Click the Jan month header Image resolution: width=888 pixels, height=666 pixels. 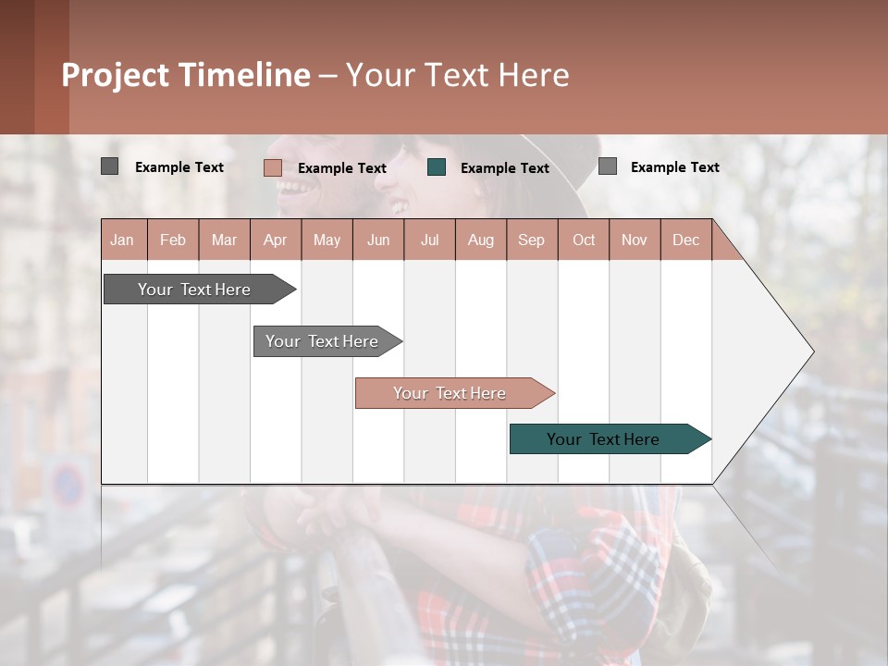[x=123, y=240]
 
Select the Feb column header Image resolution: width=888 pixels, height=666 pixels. [x=173, y=240]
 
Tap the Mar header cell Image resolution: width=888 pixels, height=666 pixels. [x=224, y=240]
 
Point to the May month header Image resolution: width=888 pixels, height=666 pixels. [x=327, y=240]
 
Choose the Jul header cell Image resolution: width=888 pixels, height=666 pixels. [x=429, y=240]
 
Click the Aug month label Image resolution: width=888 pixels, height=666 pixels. [x=480, y=240]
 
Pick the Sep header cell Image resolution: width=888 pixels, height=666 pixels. [x=531, y=240]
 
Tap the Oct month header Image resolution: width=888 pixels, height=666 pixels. [x=584, y=240]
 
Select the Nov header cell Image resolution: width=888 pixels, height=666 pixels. [x=634, y=240]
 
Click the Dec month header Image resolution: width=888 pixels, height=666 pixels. [x=685, y=240]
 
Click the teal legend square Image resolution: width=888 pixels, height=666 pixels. [x=437, y=167]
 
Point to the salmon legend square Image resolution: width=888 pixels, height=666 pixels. [x=273, y=167]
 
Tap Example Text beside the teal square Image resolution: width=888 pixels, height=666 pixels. [x=504, y=168]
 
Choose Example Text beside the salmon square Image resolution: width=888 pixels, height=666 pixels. [x=341, y=168]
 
